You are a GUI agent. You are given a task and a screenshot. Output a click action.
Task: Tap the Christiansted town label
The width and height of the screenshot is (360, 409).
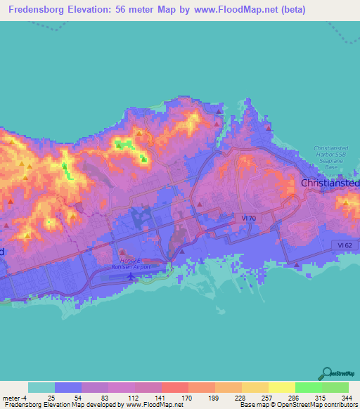(x=330, y=183)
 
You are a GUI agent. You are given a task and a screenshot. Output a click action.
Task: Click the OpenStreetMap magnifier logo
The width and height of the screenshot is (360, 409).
(x=327, y=372)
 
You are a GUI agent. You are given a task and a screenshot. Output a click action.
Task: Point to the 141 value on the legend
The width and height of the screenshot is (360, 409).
(x=161, y=397)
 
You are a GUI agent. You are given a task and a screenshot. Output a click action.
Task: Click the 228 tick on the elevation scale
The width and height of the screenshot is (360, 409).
(x=241, y=397)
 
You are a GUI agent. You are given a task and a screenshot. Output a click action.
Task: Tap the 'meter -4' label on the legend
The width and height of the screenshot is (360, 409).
(x=15, y=397)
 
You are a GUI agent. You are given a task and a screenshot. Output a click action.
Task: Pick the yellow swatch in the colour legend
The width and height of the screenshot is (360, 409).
(x=281, y=387)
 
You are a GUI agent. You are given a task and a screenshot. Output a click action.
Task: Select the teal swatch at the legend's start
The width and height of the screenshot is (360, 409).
(x=41, y=387)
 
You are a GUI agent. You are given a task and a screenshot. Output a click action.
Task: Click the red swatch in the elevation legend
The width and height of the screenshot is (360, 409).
(x=174, y=387)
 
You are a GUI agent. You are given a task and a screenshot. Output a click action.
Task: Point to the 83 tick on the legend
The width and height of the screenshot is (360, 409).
(x=108, y=397)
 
